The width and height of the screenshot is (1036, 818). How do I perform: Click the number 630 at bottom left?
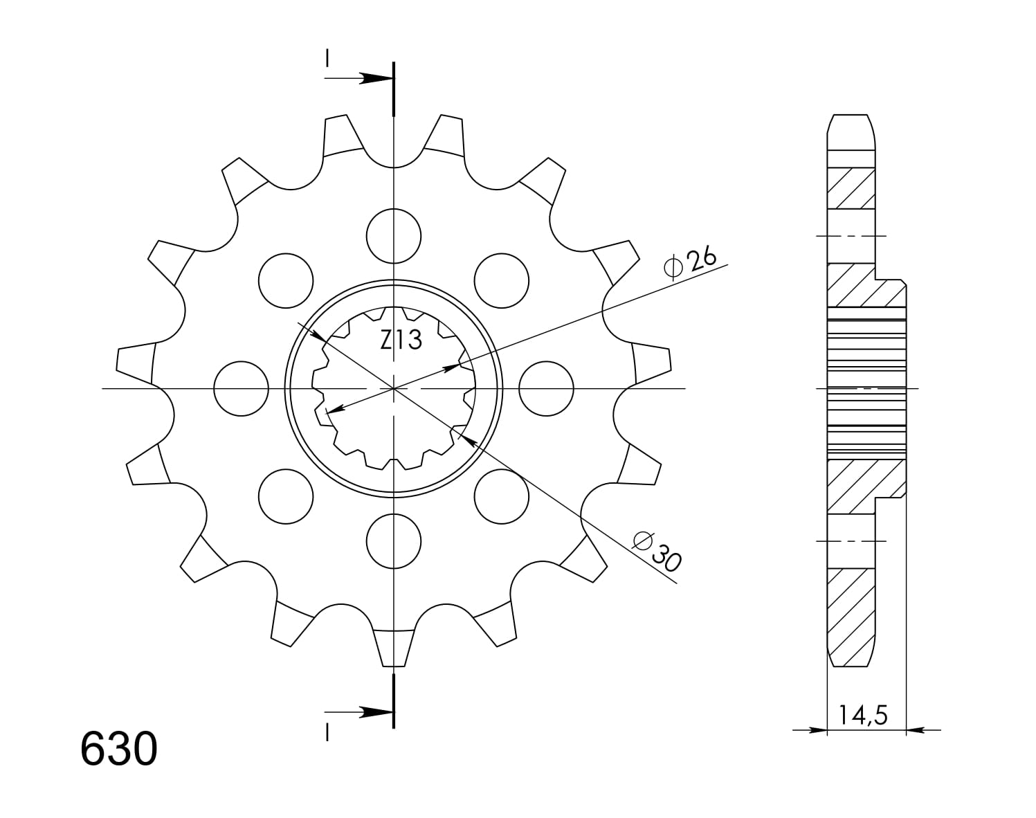coord(119,749)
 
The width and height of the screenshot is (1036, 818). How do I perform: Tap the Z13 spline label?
coord(401,340)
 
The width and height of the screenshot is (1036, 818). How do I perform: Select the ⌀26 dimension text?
coord(689,262)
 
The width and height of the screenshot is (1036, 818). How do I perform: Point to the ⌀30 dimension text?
coord(657,551)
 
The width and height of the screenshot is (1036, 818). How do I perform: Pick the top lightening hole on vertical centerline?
coord(394,235)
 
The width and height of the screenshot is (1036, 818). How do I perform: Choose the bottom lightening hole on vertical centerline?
coord(394,540)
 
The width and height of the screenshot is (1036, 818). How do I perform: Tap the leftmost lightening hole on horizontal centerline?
coord(241,388)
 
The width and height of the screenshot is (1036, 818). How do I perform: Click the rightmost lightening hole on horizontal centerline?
coord(546,388)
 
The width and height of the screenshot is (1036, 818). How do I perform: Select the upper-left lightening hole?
coord(285,280)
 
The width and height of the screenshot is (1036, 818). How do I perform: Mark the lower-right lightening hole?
coord(502,496)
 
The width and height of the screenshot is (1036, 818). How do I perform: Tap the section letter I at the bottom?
coord(327,732)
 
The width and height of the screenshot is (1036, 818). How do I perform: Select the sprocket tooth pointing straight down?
coord(394,647)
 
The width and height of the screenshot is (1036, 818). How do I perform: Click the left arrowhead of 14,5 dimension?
coord(818,729)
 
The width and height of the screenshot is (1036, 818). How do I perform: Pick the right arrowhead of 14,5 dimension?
coord(915,729)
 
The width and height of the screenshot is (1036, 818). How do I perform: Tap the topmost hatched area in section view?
coord(851,188)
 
